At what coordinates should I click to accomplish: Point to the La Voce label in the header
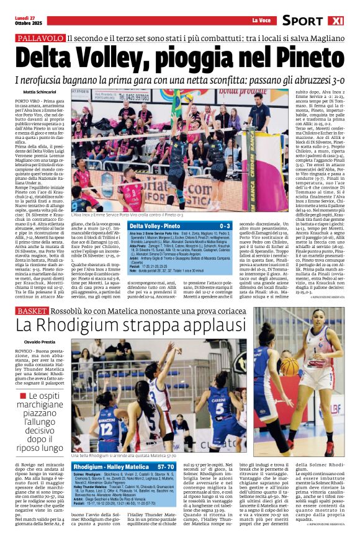pyautogui.click(x=260, y=21)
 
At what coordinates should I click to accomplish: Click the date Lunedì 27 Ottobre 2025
pyautogui.click(x=25, y=21)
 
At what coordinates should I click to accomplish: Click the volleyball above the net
pyautogui.click(x=186, y=99)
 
